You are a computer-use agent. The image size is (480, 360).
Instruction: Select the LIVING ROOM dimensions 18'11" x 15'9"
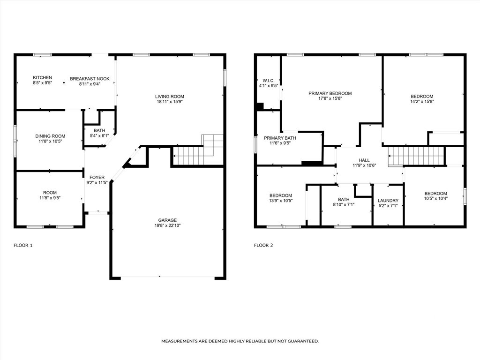point(170,102)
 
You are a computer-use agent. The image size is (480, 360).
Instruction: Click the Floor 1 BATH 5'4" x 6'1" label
point(99,133)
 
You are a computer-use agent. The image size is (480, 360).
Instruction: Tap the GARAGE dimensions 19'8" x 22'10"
point(167,225)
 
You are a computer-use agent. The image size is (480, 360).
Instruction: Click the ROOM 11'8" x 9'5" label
point(50,195)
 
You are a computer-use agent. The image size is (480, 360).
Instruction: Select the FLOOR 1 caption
point(23,245)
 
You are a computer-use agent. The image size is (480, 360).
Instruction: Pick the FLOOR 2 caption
point(263,245)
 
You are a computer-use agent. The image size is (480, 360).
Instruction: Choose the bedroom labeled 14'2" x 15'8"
point(422,98)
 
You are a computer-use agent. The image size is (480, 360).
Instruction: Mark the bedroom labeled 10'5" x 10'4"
point(435,195)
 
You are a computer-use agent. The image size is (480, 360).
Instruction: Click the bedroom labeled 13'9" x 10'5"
point(281,198)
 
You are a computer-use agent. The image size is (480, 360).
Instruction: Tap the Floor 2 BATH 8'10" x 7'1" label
point(344,202)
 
